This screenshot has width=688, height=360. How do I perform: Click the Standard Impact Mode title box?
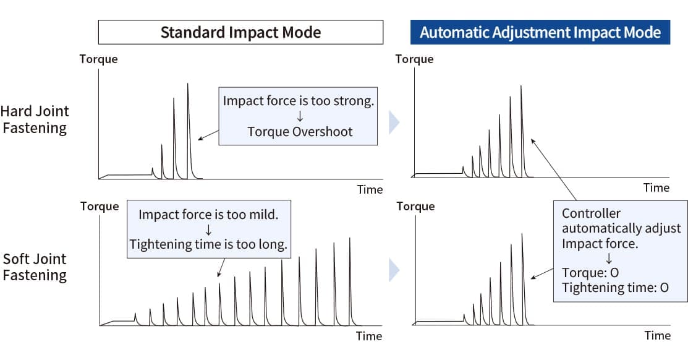pos(240,32)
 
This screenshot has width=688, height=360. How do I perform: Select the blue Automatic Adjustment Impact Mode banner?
pos(540,32)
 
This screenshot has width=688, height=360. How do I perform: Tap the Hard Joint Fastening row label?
pos(35,119)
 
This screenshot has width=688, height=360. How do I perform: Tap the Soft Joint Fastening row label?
pos(35,267)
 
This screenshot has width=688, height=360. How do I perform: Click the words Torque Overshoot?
pos(300,132)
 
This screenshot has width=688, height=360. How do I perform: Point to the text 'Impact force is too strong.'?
pos(299,101)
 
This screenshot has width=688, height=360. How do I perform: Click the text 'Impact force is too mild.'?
pos(208,214)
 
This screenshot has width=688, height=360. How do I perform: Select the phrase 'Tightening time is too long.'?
pos(208,244)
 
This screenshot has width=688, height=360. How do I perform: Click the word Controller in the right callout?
pos(591,213)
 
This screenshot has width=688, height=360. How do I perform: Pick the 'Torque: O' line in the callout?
pos(590,273)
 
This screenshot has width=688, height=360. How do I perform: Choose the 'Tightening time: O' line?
pos(615,288)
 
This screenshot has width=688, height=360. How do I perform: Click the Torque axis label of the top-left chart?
pos(99,59)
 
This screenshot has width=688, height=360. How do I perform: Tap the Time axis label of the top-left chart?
pos(370,189)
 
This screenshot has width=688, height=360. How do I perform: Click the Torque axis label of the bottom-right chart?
pos(415,207)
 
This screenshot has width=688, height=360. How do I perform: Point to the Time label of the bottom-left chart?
pos(369,336)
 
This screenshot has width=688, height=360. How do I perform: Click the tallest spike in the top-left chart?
pos(188,132)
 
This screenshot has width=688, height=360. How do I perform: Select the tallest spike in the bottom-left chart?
pos(350,281)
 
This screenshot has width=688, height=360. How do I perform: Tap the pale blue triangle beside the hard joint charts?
pos(394,122)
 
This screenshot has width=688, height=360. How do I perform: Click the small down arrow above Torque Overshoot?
pos(300,116)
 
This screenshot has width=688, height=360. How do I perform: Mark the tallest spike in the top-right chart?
pos(521,132)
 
